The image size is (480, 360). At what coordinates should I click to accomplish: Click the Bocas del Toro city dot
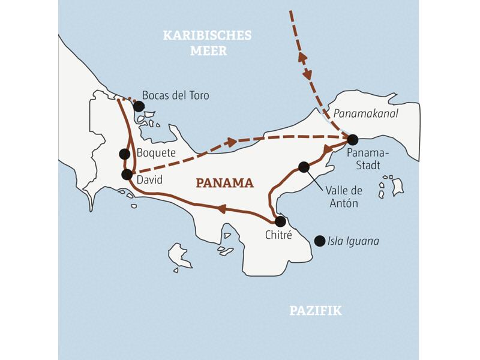tap(139, 106)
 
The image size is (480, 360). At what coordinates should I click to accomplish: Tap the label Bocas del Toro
tap(175, 95)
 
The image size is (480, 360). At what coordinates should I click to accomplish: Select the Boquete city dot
tap(124, 154)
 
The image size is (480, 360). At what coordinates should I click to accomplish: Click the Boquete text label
tap(156, 153)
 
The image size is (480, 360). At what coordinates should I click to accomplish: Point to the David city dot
tap(127, 175)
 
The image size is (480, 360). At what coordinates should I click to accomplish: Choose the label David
tap(149, 180)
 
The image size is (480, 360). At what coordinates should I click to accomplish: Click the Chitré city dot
tap(280, 221)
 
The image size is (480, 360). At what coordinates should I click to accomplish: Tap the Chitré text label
tap(278, 236)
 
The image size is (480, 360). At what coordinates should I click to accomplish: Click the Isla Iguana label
tap(353, 241)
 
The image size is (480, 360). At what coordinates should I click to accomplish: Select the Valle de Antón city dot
tap(304, 167)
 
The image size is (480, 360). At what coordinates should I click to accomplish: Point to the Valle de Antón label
tap(344, 197)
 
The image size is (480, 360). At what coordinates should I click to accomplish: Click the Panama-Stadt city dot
tap(352, 139)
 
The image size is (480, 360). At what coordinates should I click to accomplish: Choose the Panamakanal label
tap(366, 113)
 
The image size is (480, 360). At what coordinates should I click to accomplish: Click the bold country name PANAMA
tap(226, 183)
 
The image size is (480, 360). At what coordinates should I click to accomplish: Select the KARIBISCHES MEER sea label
tap(208, 43)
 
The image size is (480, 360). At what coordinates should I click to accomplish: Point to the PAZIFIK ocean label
tap(316, 310)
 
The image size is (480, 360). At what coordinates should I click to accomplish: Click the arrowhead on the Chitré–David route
tap(221, 208)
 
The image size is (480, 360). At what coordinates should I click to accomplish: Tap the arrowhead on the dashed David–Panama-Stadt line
tap(231, 143)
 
